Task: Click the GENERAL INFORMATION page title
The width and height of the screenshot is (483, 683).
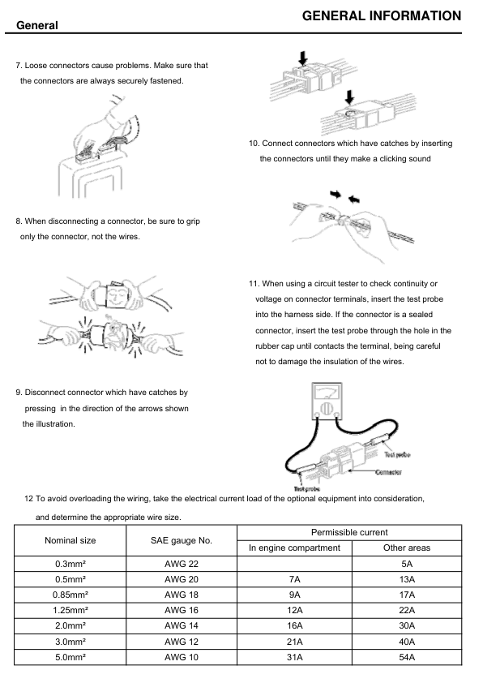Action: click(x=381, y=16)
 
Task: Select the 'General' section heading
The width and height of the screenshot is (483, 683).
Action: click(x=37, y=25)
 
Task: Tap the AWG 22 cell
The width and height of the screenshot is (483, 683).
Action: click(x=182, y=564)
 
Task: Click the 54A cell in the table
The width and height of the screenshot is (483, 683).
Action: click(x=407, y=657)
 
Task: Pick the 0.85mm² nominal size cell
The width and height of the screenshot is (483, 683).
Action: click(x=70, y=595)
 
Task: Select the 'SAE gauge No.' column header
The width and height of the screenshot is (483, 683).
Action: click(x=182, y=540)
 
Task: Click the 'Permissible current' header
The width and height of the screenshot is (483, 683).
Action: click(x=349, y=532)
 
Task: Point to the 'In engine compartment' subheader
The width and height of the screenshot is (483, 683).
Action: click(x=295, y=548)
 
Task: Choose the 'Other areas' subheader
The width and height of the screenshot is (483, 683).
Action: click(x=407, y=548)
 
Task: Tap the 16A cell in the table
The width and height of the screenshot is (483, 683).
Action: click(x=295, y=625)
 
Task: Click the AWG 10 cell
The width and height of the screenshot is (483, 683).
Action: click(x=182, y=657)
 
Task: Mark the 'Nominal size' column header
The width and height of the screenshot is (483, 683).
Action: click(x=70, y=540)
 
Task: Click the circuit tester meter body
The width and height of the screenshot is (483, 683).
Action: click(x=327, y=402)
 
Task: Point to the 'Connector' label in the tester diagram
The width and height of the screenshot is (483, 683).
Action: click(x=388, y=472)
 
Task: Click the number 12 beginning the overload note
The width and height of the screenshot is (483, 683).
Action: click(x=28, y=498)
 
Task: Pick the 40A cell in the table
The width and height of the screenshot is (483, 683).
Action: click(x=407, y=642)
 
